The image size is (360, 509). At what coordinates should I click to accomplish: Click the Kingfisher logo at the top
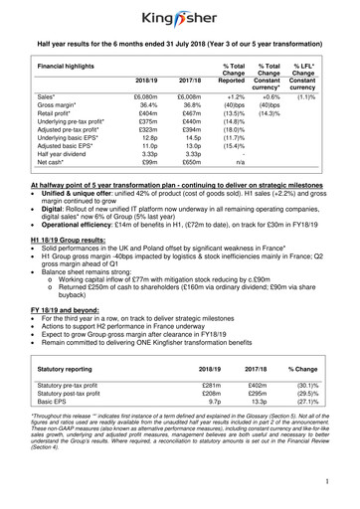[x=179, y=17]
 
